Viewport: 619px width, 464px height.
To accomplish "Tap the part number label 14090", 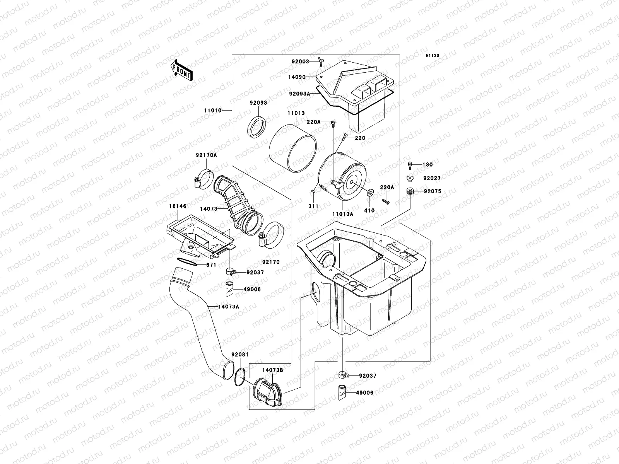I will pos(297,77).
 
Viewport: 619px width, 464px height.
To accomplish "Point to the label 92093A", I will pos(299,93).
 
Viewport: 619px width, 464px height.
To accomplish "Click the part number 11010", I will pos(213,110).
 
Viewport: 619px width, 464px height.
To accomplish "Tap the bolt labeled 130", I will pos(410,165).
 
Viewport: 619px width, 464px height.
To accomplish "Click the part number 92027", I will pos(432,178).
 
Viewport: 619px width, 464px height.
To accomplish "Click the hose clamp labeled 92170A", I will pos(204,178).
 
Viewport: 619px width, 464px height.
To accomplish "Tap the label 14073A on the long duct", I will pos(228,307).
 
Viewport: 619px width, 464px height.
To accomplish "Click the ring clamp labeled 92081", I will pos(240,375).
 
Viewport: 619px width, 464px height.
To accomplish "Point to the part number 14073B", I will pos(272,370).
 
